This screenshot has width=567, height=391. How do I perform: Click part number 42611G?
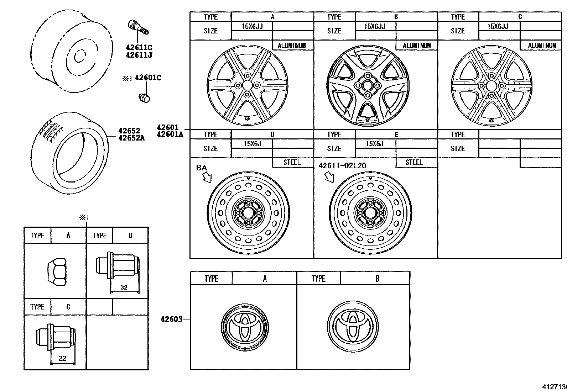pyautogui.click(x=139, y=47)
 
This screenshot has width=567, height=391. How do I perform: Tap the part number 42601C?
pyautogui.click(x=147, y=78)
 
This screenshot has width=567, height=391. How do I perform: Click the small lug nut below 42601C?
pyautogui.click(x=144, y=97)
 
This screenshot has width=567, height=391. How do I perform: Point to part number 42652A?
pyautogui.click(x=131, y=138)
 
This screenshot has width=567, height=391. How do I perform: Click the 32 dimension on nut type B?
pyautogui.click(x=124, y=287)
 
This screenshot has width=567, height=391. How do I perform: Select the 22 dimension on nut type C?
pyautogui.click(x=62, y=358)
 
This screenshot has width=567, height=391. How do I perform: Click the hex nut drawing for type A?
pyautogui.click(x=58, y=272)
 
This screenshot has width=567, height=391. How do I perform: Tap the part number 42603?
pyautogui.click(x=171, y=319)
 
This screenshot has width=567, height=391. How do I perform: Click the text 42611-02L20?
pyautogui.click(x=342, y=166)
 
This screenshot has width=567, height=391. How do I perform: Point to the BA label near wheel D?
pyautogui.click(x=201, y=168)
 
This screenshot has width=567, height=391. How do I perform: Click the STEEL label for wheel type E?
pyautogui.click(x=414, y=163)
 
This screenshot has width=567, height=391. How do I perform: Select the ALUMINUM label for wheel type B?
pyautogui.click(x=417, y=46)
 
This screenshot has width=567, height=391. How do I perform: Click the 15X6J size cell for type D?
pyautogui.click(x=252, y=144)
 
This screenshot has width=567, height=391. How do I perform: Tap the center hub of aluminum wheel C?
pyautogui.click(x=491, y=85)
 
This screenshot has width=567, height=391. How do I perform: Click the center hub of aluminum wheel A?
pyautogui.click(x=246, y=85)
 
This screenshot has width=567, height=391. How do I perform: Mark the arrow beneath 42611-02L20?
pyautogui.click(x=330, y=177)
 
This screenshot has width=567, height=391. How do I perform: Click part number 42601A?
pyautogui.click(x=170, y=134)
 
